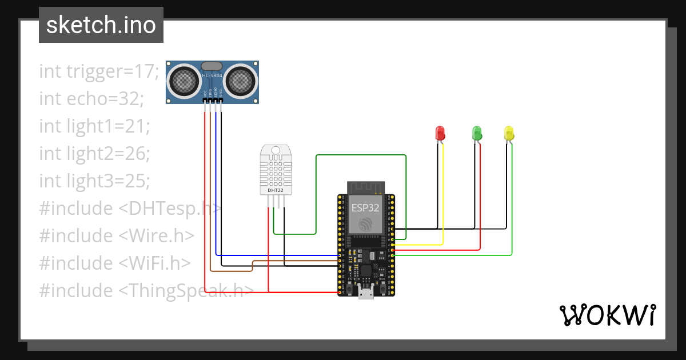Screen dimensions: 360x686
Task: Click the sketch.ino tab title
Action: click(x=101, y=25)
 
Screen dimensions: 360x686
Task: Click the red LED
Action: click(x=440, y=133)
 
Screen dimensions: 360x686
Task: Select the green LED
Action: click(x=477, y=133)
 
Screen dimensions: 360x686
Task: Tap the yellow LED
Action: click(x=509, y=133)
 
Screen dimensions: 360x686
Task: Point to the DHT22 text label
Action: click(x=276, y=190)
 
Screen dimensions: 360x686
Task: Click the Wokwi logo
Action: click(x=607, y=315)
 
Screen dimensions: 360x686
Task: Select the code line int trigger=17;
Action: click(x=99, y=71)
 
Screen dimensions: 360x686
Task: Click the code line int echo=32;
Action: click(x=91, y=99)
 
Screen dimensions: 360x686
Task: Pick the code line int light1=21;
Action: click(x=94, y=126)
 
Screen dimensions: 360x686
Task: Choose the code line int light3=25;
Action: click(x=94, y=181)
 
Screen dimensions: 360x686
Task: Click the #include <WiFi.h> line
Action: click(x=114, y=263)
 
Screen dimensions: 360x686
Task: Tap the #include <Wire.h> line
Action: click(x=117, y=236)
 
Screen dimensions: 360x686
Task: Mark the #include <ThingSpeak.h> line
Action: click(x=146, y=291)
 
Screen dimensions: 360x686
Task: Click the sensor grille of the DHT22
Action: click(x=276, y=171)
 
